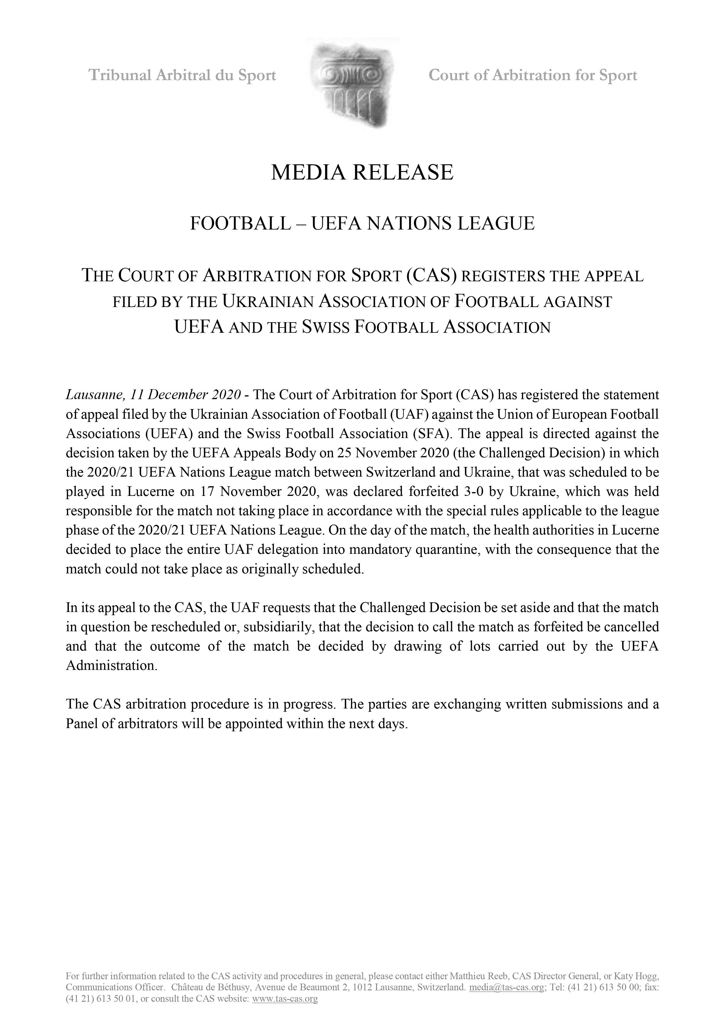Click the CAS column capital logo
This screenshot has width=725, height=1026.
[x=352, y=84]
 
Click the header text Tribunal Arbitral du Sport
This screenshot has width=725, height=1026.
[x=182, y=75]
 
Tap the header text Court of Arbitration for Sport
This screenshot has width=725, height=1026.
[x=532, y=75]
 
